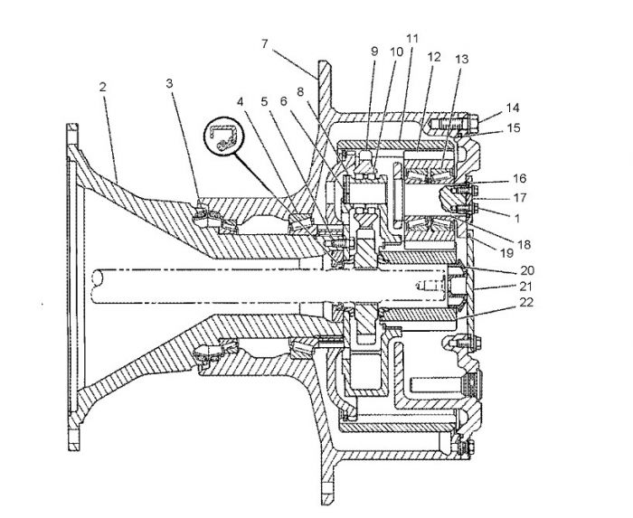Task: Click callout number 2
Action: (102, 87)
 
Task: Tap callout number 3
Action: (170, 83)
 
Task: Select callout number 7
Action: (265, 43)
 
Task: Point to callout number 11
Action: (412, 39)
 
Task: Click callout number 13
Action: (461, 60)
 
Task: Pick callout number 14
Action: (513, 108)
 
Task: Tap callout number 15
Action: (513, 128)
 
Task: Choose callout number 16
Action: (520, 178)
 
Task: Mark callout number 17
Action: (520, 198)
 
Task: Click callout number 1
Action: (517, 218)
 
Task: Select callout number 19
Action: (506, 253)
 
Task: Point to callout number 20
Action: (527, 270)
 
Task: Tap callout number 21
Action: (525, 287)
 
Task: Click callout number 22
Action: (526, 302)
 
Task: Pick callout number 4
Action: (241, 101)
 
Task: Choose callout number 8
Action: (300, 92)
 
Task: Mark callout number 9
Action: (374, 52)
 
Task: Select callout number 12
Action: (434, 57)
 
